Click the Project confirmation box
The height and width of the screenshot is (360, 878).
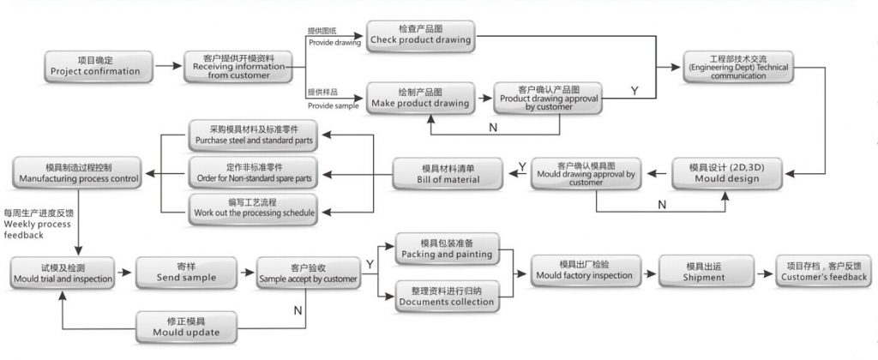point(95,66)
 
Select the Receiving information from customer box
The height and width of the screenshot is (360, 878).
point(238,66)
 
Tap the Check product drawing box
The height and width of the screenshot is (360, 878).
point(420,35)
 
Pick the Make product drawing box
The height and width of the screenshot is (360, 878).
point(420,98)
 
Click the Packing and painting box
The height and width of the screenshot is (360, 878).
point(447,248)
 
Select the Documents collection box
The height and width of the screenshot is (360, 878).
point(447,296)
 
